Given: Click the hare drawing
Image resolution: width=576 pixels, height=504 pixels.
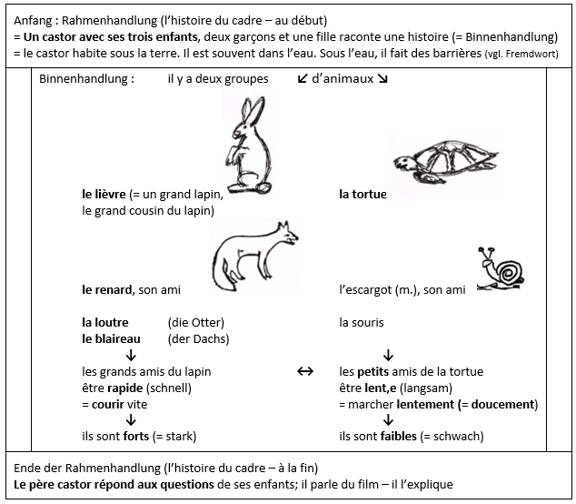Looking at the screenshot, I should [246, 146].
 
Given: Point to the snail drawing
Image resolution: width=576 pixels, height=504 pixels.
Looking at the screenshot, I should [502, 269].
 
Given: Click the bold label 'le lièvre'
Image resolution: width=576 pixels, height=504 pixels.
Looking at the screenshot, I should [104, 195].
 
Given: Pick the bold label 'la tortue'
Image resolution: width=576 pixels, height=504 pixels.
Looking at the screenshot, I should [362, 195].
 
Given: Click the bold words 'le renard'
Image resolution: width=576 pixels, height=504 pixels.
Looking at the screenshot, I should [107, 290].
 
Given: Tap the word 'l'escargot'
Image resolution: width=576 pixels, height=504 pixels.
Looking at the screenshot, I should [364, 290].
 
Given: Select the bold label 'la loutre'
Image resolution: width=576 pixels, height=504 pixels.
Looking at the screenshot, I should [105, 323].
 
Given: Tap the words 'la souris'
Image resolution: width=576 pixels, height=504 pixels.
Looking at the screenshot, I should [362, 323].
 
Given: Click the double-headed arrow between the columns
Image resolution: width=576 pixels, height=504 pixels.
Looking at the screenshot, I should [305, 371].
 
